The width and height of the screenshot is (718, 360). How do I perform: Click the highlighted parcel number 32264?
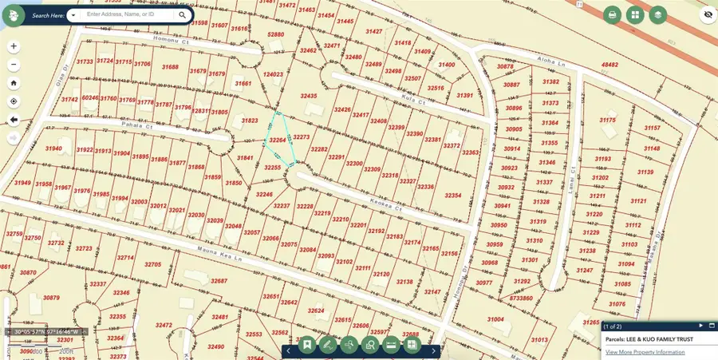(x=277, y=140)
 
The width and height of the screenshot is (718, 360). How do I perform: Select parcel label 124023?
(x=274, y=75)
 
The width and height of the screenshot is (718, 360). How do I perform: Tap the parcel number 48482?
(x=610, y=65)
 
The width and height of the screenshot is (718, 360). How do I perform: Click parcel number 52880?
(x=276, y=35)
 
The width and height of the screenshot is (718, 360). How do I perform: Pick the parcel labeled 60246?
(x=90, y=99)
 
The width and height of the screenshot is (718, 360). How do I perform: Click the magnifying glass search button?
(x=182, y=14)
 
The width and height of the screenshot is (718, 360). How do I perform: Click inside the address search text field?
(x=128, y=14)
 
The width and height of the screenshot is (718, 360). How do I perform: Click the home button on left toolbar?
(x=14, y=83)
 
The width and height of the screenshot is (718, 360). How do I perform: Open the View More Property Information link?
(x=645, y=352)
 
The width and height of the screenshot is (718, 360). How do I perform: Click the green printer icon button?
(x=612, y=14)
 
